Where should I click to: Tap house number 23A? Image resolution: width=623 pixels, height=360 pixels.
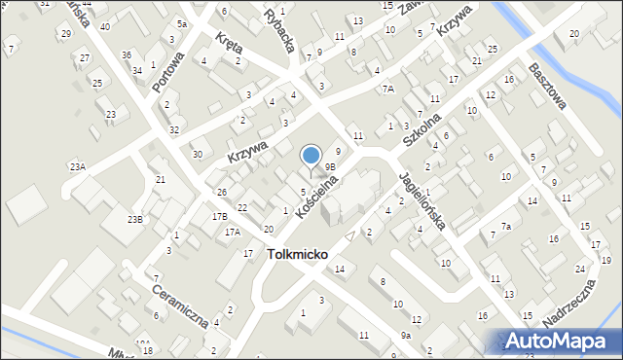78,167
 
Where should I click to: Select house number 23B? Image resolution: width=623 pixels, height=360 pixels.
134,219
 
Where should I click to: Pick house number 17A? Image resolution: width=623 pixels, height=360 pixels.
233,232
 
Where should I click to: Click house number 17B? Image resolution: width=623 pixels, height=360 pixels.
220,216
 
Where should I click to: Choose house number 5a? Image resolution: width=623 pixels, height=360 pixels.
181,23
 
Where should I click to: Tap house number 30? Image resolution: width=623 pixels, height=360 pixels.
197,154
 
